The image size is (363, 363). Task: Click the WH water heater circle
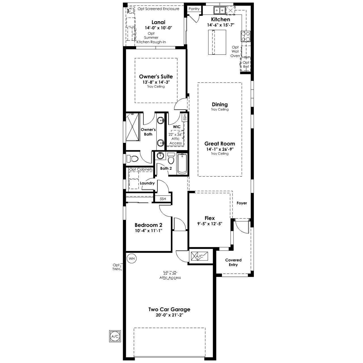132,258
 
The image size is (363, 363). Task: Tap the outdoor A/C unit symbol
115,336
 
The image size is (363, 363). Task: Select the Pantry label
194,9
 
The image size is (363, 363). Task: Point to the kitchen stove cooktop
246,36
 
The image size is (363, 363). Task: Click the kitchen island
217,42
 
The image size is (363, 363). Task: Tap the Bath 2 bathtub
182,164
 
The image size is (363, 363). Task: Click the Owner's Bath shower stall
132,126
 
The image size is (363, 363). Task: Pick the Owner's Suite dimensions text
156,82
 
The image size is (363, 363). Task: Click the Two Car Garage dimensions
169,315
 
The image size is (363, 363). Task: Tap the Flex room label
210,218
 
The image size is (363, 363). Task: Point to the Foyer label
242,203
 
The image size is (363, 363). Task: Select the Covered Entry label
233,262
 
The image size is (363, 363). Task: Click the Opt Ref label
246,64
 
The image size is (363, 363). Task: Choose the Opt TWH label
116,267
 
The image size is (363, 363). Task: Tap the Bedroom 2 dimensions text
148,231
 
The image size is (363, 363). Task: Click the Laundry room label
147,183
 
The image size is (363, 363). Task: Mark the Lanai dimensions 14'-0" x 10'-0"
159,28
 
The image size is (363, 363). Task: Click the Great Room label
220,144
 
